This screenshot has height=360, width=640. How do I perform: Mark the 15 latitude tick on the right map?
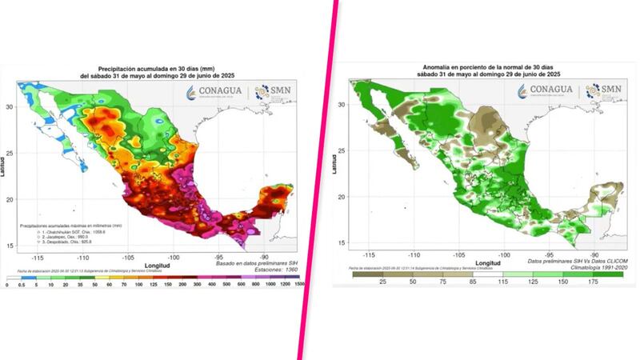(342, 242)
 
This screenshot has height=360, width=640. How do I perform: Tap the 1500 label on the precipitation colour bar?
(297, 284)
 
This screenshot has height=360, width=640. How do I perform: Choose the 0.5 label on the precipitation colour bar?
(21, 284)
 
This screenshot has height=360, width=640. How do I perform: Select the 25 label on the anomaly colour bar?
(382, 282)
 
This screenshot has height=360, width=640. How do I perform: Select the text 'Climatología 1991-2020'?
(584, 268)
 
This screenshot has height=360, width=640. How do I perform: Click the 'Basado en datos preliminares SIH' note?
(250, 262)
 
